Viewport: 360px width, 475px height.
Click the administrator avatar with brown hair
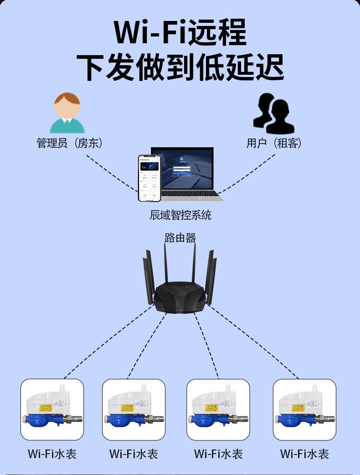[x=67, y=113]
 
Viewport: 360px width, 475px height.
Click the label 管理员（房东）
[x=69, y=143]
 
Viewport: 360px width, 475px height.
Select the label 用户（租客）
[x=274, y=143]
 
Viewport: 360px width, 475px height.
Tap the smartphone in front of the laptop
[x=150, y=178]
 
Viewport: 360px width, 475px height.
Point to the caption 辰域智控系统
[x=180, y=215]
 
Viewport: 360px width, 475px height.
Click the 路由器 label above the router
[x=180, y=237]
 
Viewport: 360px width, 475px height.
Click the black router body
[x=180, y=299]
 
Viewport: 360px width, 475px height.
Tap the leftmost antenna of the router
[x=147, y=278]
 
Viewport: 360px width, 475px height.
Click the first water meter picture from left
[x=52, y=409]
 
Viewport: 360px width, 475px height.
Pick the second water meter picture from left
[x=134, y=409]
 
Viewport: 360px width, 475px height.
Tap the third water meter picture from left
[x=218, y=409]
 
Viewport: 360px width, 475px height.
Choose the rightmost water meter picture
[x=304, y=409]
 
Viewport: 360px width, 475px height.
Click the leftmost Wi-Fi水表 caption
[x=52, y=454]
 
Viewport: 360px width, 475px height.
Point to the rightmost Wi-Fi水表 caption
[x=304, y=454]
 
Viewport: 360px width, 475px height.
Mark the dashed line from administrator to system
[x=112, y=173]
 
